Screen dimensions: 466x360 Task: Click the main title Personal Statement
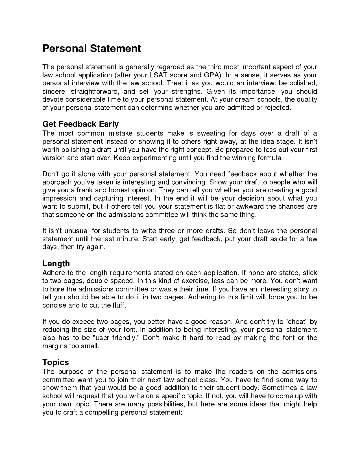(x=91, y=49)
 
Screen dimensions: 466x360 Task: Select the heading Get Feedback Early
(x=80, y=124)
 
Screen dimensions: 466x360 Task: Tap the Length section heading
(x=56, y=264)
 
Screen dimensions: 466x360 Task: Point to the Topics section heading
(x=56, y=362)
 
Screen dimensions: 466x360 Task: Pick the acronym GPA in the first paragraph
(x=210, y=75)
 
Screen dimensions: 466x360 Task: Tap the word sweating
(x=211, y=133)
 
